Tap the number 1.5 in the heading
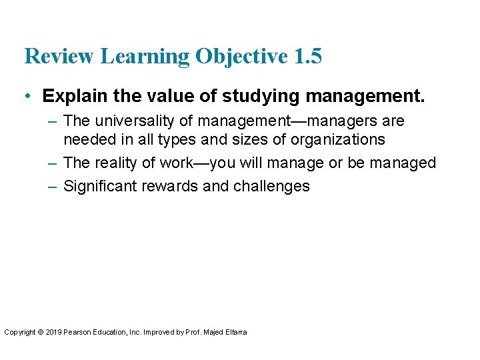pos(307,57)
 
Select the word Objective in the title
pos(241,57)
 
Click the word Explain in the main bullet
pos(71,96)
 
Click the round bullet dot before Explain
pos(27,96)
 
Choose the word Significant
pos(100,186)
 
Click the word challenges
pos(271,186)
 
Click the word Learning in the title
pos(147,57)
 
